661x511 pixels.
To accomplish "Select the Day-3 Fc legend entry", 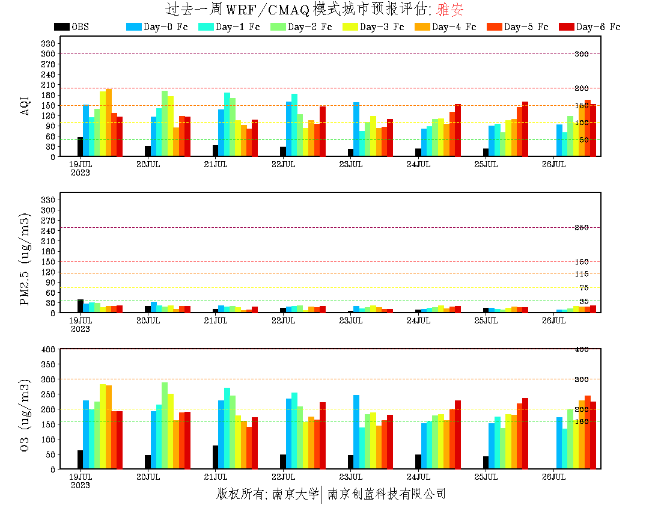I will tap(373, 27).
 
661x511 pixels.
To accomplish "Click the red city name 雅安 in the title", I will tap(449, 10).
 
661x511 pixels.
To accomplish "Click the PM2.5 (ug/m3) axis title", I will tap(25, 259).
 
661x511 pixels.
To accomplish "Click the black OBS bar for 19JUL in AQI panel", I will tap(80, 147).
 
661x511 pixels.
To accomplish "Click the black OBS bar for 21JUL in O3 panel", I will tap(215, 457).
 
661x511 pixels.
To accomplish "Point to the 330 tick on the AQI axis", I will tap(49, 43).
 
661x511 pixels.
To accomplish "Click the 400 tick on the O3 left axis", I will tap(49, 349).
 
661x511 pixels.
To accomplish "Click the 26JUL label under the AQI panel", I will tap(553, 164).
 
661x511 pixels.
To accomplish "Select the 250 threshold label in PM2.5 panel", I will tap(581, 227).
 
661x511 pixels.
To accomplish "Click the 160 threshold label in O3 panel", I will tap(581, 421).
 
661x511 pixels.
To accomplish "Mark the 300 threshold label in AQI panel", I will tap(581, 54).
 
